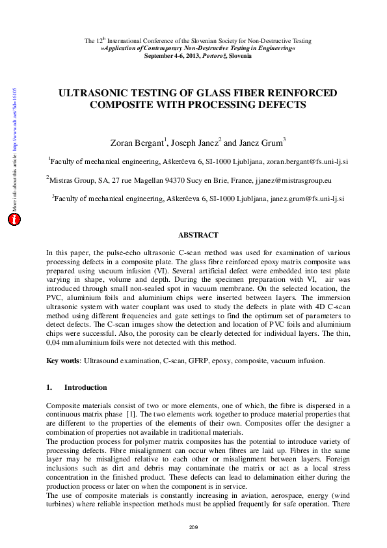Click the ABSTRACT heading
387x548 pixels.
[198, 235]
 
